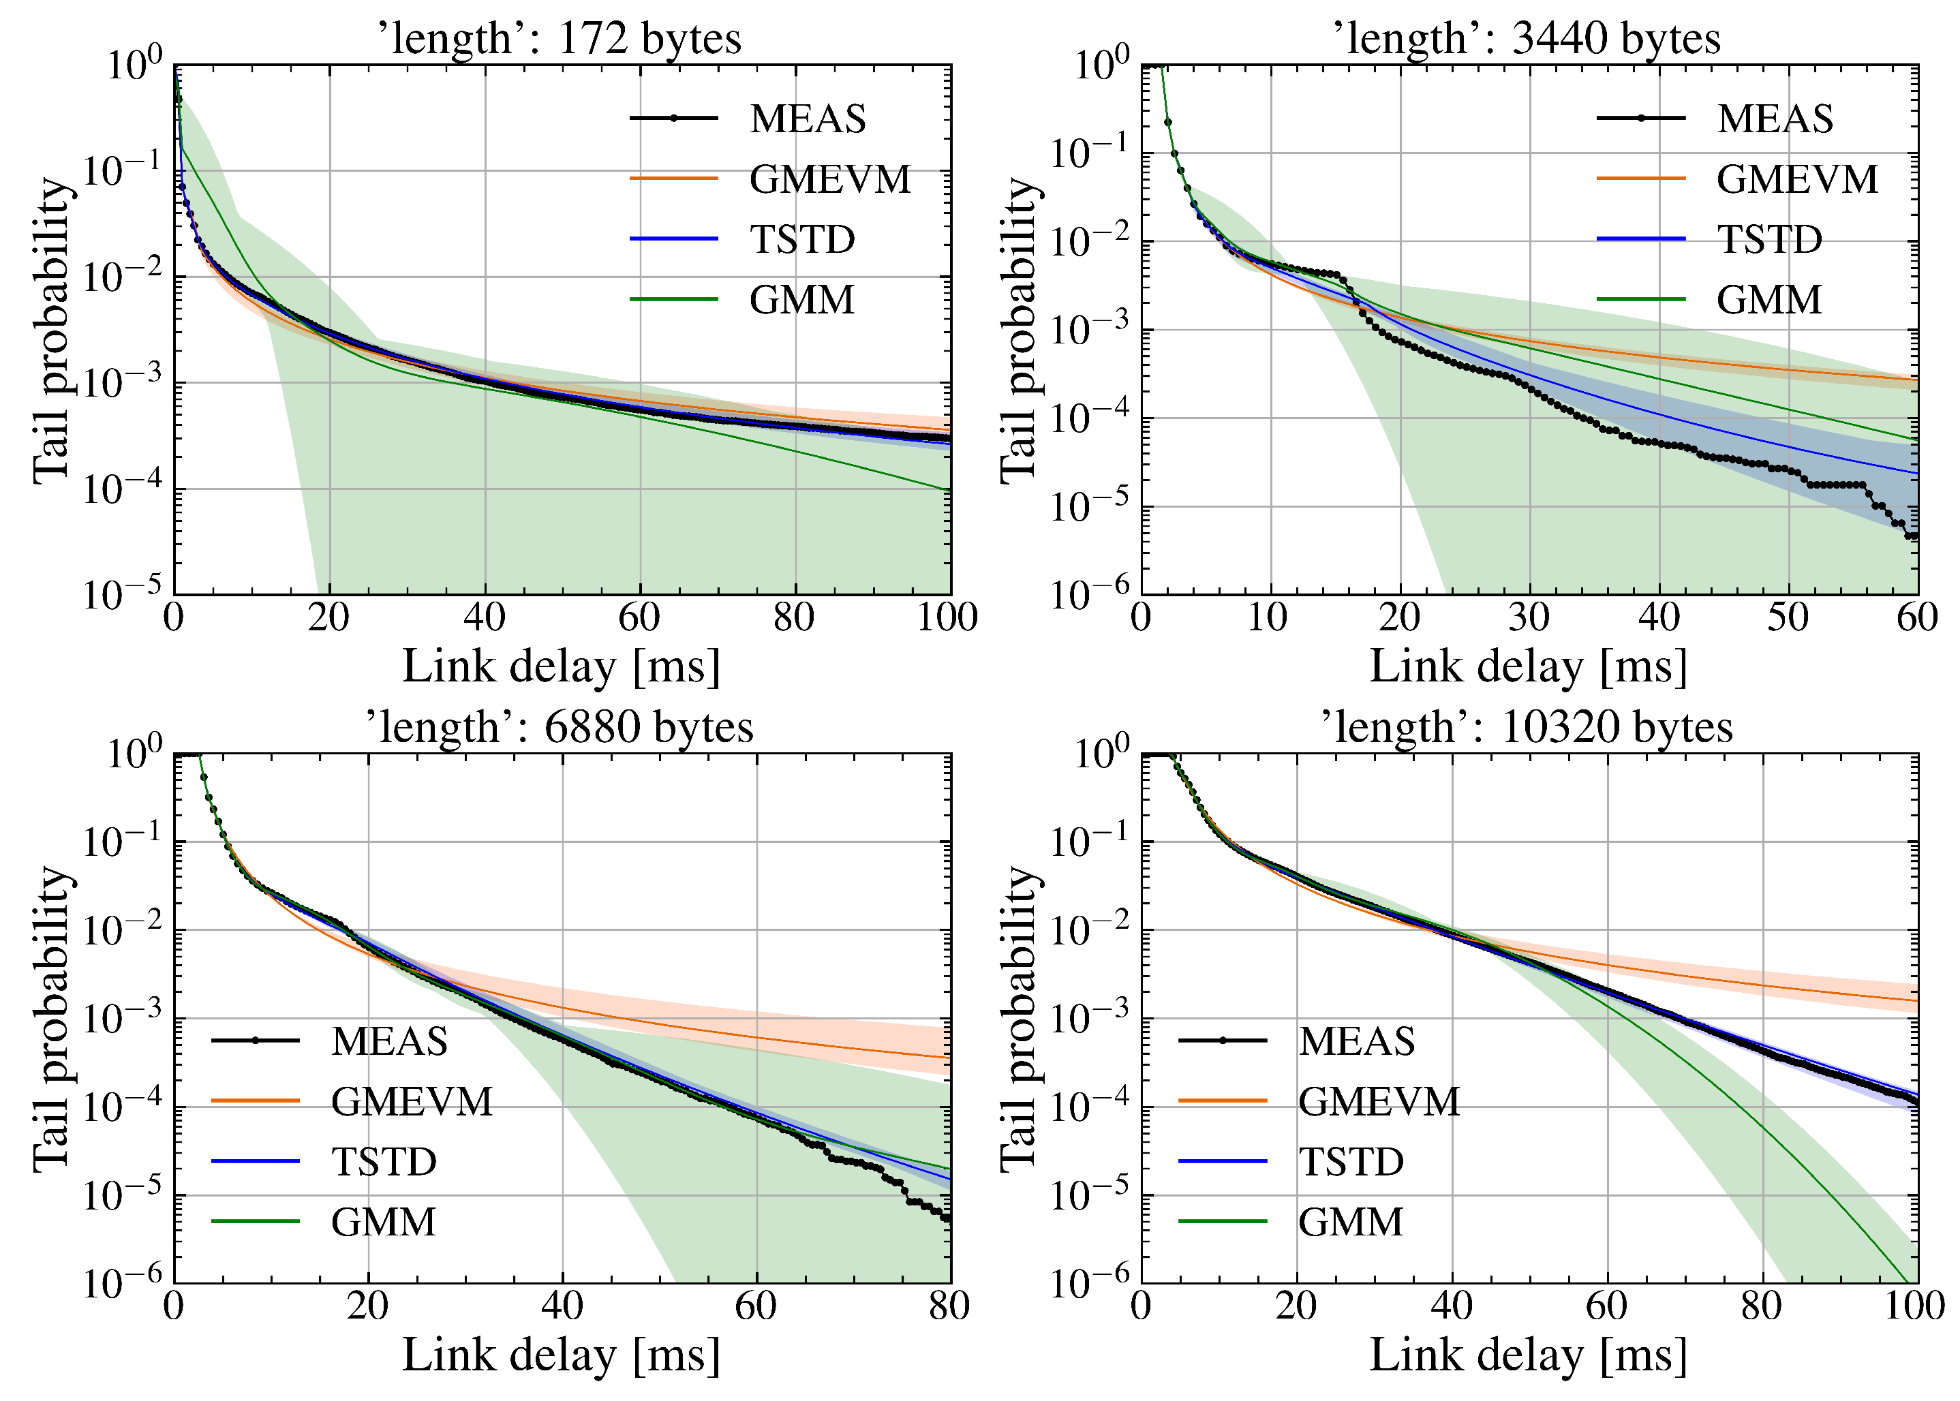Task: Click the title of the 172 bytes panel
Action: [560, 39]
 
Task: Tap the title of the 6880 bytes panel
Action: [560, 727]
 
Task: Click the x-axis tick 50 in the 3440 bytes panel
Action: [1788, 617]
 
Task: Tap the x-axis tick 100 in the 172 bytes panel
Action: [947, 617]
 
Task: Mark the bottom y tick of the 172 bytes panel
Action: [123, 596]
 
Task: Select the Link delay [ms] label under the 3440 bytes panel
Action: [1528, 667]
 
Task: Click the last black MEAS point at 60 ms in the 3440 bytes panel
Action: [1914, 536]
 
